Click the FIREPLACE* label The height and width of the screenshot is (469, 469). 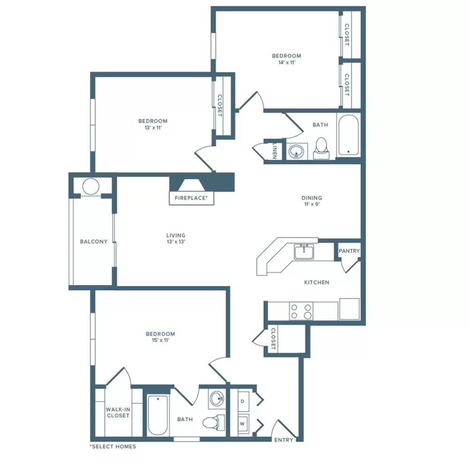click(x=191, y=198)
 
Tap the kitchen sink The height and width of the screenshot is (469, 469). click(x=304, y=252)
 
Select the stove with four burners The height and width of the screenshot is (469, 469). click(x=301, y=311)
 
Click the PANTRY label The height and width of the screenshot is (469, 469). click(x=349, y=251)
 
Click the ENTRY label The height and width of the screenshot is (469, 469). click(x=284, y=440)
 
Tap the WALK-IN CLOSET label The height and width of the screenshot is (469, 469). click(x=118, y=412)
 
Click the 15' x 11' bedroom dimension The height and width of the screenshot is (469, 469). click(x=160, y=340)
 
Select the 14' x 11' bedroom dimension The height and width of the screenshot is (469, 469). click(x=287, y=62)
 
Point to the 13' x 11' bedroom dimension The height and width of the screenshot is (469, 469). click(x=153, y=128)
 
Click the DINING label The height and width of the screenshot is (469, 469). click(x=312, y=198)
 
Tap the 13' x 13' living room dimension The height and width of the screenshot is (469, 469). click(x=176, y=242)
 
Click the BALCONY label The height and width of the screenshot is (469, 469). click(x=94, y=242)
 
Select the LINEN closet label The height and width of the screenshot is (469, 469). click(x=275, y=150)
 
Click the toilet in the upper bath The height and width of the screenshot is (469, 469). click(x=321, y=148)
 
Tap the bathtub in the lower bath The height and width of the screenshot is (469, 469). click(x=158, y=415)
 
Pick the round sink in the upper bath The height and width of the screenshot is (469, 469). click(x=296, y=151)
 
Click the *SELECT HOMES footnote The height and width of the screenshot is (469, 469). click(x=113, y=446)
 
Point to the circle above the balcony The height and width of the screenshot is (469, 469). click(x=91, y=187)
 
